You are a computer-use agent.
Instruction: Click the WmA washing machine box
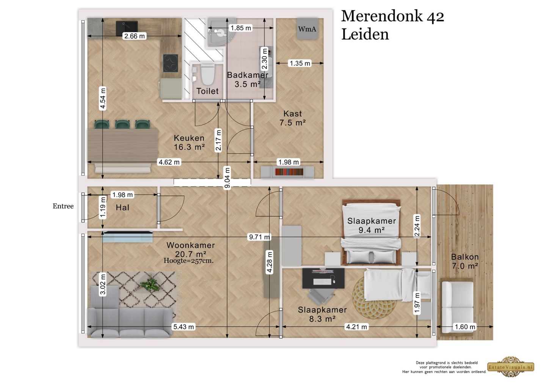coord(307,28)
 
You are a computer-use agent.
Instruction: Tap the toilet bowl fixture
coord(207,74)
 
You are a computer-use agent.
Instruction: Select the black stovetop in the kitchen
coord(171,63)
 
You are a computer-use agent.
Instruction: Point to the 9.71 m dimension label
coord(259,237)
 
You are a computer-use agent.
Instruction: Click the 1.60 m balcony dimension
coord(465,326)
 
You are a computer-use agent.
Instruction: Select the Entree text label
coord(63,206)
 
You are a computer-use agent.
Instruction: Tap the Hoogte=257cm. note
coord(188,261)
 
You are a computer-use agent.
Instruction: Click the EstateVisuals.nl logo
coord(511,367)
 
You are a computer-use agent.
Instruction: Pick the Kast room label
coord(292,113)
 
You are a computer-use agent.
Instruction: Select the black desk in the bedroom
coord(323,278)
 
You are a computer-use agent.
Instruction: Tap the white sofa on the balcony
coord(458,307)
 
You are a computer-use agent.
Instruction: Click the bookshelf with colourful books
coord(287,172)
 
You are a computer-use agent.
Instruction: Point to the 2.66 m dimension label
coord(134,36)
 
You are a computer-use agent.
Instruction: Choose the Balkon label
coord(465,257)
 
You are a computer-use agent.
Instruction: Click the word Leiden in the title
coord(365,35)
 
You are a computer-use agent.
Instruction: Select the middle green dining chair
coord(122,124)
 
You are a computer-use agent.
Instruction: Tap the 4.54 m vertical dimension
coord(103,99)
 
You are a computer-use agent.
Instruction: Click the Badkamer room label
coord(248,75)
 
